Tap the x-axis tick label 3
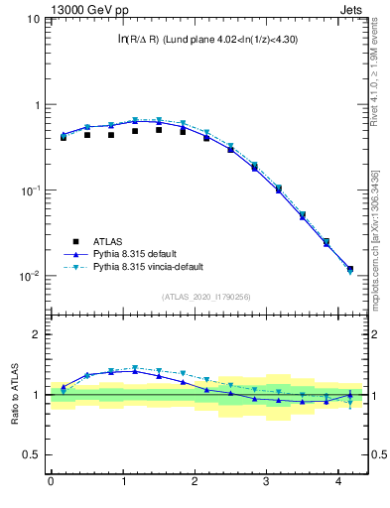pos(267,483)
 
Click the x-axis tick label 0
pos(51,483)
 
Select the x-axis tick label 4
pos(338,483)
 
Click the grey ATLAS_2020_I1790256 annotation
pos(206,297)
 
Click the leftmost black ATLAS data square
pos(64,137)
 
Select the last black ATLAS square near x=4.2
pos(349,269)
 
